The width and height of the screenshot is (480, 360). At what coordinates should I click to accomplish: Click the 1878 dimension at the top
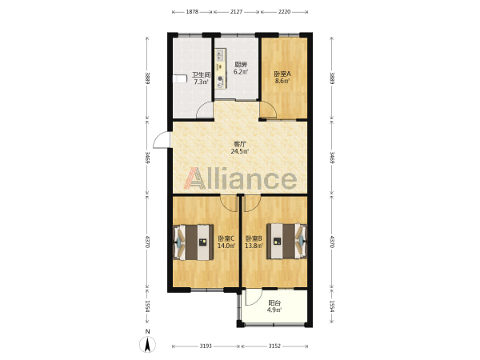[192, 12]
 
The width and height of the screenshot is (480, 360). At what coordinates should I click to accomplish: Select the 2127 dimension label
[236, 12]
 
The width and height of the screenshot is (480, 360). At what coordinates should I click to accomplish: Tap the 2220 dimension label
[284, 12]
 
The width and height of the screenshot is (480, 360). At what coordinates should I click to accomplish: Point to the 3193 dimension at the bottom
[206, 346]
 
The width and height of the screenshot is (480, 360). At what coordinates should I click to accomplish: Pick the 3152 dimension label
[274, 346]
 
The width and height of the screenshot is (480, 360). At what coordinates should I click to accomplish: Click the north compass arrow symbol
[147, 344]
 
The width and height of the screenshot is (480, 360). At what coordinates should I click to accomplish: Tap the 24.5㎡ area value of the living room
[240, 151]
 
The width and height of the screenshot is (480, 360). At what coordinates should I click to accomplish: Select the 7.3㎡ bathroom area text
[201, 82]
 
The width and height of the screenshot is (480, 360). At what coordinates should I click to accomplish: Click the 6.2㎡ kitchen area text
[241, 72]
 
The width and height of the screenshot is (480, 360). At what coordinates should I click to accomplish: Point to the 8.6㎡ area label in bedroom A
[282, 81]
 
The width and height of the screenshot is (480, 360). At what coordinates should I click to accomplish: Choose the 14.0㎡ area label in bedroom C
[226, 246]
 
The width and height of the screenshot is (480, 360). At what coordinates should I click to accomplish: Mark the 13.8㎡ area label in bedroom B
[254, 246]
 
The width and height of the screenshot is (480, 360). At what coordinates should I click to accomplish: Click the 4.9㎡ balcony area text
[274, 310]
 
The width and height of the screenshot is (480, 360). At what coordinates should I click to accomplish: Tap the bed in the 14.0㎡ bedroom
[194, 242]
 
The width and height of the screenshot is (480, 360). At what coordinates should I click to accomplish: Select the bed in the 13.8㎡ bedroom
[286, 242]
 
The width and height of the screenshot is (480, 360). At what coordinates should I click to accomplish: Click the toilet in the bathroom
[180, 78]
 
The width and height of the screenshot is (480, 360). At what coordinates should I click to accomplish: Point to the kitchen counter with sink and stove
[220, 69]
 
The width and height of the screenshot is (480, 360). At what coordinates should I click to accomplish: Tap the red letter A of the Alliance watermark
[194, 178]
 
